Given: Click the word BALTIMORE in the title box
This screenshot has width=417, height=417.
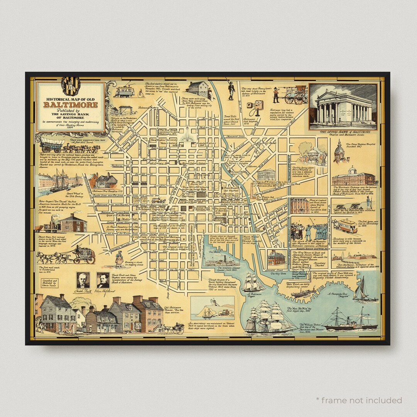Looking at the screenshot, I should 70,105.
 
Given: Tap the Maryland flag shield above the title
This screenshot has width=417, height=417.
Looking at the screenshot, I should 71,86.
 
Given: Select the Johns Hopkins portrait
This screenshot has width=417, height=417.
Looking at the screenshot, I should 103,280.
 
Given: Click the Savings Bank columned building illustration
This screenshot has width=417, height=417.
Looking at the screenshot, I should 343,107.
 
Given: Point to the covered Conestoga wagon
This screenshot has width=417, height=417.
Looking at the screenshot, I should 52,145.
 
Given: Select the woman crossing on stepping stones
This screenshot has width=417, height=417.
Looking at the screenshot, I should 119,258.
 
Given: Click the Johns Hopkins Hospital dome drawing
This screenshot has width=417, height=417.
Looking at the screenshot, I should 339,153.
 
